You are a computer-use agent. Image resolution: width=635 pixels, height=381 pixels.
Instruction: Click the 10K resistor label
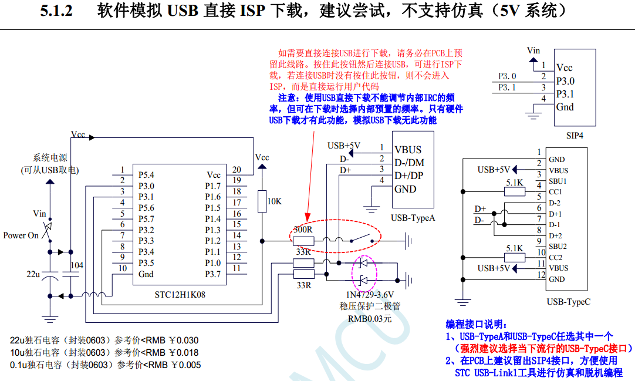coord(275,201)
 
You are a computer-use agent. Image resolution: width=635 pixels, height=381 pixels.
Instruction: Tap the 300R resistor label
coord(303,230)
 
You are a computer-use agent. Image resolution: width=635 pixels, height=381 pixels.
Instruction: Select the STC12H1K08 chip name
coord(180,294)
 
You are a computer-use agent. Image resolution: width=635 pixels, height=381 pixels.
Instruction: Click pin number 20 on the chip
coord(237,170)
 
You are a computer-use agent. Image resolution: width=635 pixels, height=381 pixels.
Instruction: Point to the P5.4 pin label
coord(146,175)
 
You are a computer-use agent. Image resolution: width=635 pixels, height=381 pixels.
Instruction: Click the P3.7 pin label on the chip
coord(212,274)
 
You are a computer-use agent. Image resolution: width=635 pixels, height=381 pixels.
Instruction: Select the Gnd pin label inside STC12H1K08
coord(146,274)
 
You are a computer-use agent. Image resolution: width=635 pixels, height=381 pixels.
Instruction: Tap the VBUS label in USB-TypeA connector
coord(408,150)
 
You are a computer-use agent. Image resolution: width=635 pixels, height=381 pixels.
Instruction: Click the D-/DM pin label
coord(409,163)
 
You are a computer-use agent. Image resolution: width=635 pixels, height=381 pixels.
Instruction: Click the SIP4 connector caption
coord(575,135)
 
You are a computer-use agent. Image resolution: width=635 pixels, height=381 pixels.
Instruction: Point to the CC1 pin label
coord(555,192)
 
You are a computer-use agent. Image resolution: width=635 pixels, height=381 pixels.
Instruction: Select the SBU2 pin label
coord(558,246)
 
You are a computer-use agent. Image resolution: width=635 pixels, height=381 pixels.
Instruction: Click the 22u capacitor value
coord(33,274)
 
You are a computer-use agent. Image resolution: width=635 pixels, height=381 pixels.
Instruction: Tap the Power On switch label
coord(21,235)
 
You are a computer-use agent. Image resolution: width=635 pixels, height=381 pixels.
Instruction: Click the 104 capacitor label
coord(77,265)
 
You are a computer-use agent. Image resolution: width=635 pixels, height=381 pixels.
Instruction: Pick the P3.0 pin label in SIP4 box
coord(565,81)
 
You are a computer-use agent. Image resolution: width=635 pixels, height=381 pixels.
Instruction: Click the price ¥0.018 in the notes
coord(184,353)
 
